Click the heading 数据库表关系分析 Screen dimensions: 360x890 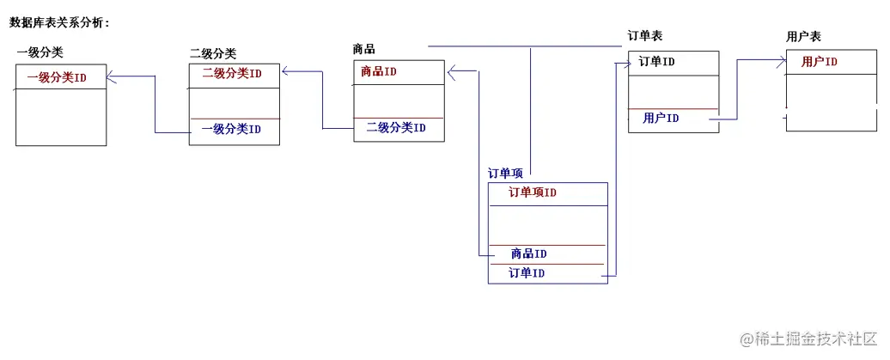(x=59, y=23)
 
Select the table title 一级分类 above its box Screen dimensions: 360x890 (x=40, y=52)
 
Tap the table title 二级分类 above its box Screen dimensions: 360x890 (x=213, y=53)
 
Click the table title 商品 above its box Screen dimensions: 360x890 (x=364, y=49)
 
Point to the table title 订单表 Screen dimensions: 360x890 (x=645, y=36)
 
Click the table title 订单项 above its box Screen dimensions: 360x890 (x=506, y=174)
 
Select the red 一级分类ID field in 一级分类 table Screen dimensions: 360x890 (x=57, y=77)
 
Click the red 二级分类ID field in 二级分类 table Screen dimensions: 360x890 (x=232, y=74)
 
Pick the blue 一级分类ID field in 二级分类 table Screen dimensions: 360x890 (x=231, y=130)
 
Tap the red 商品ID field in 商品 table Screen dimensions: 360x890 (x=379, y=72)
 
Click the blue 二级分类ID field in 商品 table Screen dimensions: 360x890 (x=396, y=128)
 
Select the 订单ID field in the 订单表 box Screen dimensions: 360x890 (x=656, y=62)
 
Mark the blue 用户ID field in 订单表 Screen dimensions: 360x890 (x=661, y=119)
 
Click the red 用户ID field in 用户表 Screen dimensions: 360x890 (x=820, y=62)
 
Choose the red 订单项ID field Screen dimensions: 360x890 (x=533, y=192)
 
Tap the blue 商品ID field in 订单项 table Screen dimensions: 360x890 (x=528, y=253)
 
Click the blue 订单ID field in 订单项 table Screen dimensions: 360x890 (x=527, y=273)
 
